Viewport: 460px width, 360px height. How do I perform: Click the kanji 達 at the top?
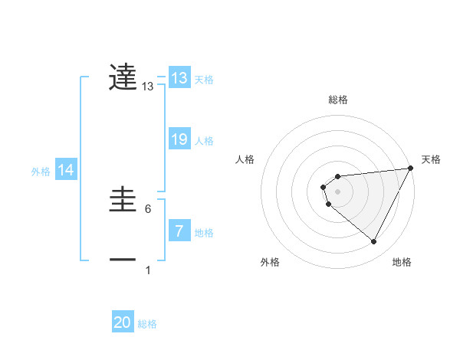(x=123, y=77)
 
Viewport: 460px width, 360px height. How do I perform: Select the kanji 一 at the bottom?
(x=123, y=260)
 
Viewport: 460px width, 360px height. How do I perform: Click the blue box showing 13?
(x=179, y=79)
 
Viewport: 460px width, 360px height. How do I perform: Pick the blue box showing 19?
(x=179, y=139)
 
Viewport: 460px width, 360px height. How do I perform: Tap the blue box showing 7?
(x=179, y=231)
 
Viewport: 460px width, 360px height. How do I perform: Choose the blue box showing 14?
(x=66, y=171)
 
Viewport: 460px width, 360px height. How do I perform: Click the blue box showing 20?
(x=123, y=323)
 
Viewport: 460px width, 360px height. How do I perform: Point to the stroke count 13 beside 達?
(x=148, y=88)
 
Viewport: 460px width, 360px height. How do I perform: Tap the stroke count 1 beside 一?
(x=148, y=270)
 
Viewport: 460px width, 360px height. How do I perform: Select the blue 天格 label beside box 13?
(x=204, y=80)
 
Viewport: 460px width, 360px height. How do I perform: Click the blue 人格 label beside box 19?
(x=204, y=141)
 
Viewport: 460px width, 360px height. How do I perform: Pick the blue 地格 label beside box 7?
(x=204, y=233)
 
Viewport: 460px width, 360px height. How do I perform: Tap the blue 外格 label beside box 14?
(x=41, y=172)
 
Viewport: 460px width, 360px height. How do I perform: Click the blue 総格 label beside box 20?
(x=147, y=325)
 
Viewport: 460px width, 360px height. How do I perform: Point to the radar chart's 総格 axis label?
(x=338, y=100)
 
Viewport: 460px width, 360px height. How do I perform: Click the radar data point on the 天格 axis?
(x=411, y=169)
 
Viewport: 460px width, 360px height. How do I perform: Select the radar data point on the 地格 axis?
(x=374, y=242)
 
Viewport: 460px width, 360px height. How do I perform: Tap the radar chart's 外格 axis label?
(x=270, y=263)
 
